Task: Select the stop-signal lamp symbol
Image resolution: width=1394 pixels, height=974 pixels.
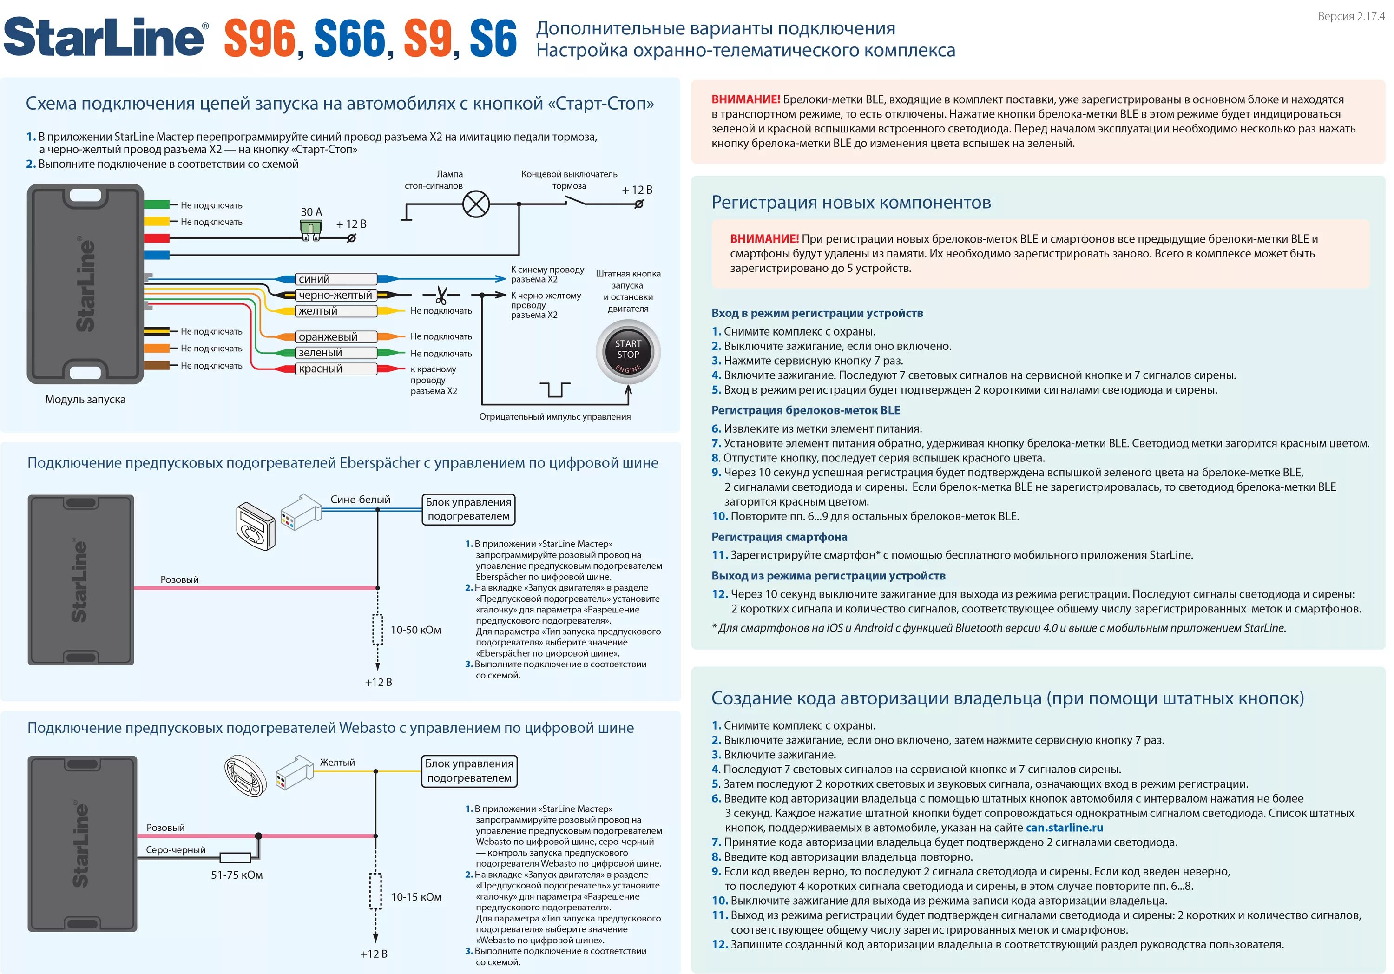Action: [476, 204]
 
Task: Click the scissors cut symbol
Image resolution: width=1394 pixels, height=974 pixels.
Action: [441, 296]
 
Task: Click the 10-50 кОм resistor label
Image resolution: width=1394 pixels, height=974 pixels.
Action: [415, 630]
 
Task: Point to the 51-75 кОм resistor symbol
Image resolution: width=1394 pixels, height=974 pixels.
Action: [235, 857]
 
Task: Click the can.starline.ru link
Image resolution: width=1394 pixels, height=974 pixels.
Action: [1065, 828]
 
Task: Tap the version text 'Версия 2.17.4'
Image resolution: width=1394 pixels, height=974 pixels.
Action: [1351, 16]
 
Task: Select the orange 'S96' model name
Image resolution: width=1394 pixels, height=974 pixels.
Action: [259, 39]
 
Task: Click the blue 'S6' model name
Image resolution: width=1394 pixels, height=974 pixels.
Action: [493, 39]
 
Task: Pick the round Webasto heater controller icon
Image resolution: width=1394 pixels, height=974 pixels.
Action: [245, 776]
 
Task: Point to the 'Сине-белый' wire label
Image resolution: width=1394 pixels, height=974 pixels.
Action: [360, 499]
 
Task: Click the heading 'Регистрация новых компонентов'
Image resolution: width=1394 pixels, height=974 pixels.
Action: [851, 202]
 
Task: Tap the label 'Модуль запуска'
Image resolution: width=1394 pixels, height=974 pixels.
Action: [85, 400]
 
